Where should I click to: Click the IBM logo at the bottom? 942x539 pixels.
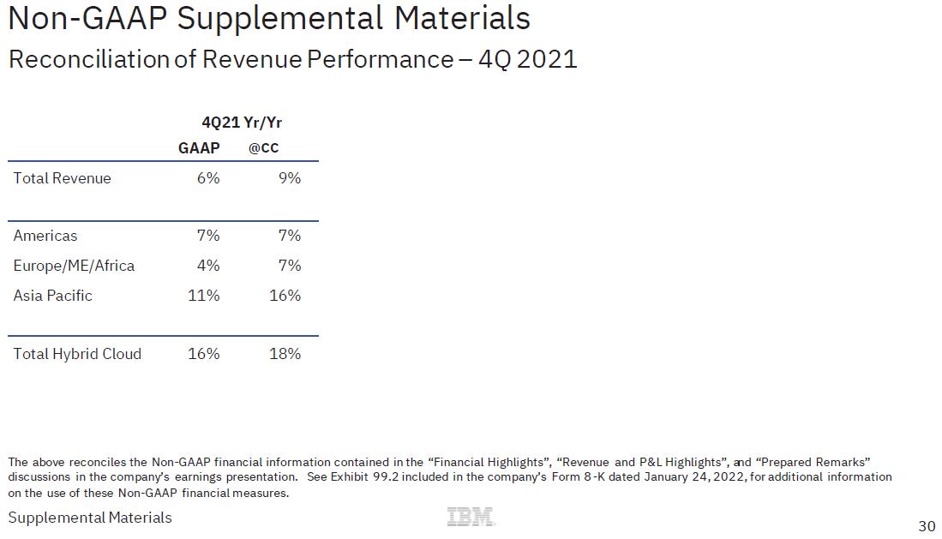tap(471, 517)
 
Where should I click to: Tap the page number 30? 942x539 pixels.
tap(927, 526)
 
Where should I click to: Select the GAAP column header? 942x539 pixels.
tap(199, 148)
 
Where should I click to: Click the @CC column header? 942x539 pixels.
tap(263, 148)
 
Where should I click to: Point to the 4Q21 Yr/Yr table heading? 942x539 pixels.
tap(242, 123)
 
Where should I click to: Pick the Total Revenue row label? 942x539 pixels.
tap(63, 178)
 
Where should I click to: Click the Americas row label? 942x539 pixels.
tap(45, 236)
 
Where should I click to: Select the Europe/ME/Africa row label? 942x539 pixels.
tap(74, 266)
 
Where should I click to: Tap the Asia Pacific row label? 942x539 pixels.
tap(53, 296)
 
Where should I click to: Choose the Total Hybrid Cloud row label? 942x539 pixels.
tap(77, 354)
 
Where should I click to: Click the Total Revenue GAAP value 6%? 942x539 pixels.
tap(208, 178)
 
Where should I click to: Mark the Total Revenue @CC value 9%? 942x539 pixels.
tap(290, 178)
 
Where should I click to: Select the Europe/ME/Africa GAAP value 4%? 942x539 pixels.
tap(208, 266)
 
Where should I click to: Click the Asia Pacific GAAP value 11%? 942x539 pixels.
tap(204, 296)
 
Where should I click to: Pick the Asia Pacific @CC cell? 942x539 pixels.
tap(285, 296)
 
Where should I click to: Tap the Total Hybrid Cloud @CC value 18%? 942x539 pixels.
tap(285, 354)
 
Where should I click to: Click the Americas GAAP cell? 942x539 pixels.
tap(208, 236)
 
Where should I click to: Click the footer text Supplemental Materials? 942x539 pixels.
tap(90, 518)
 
